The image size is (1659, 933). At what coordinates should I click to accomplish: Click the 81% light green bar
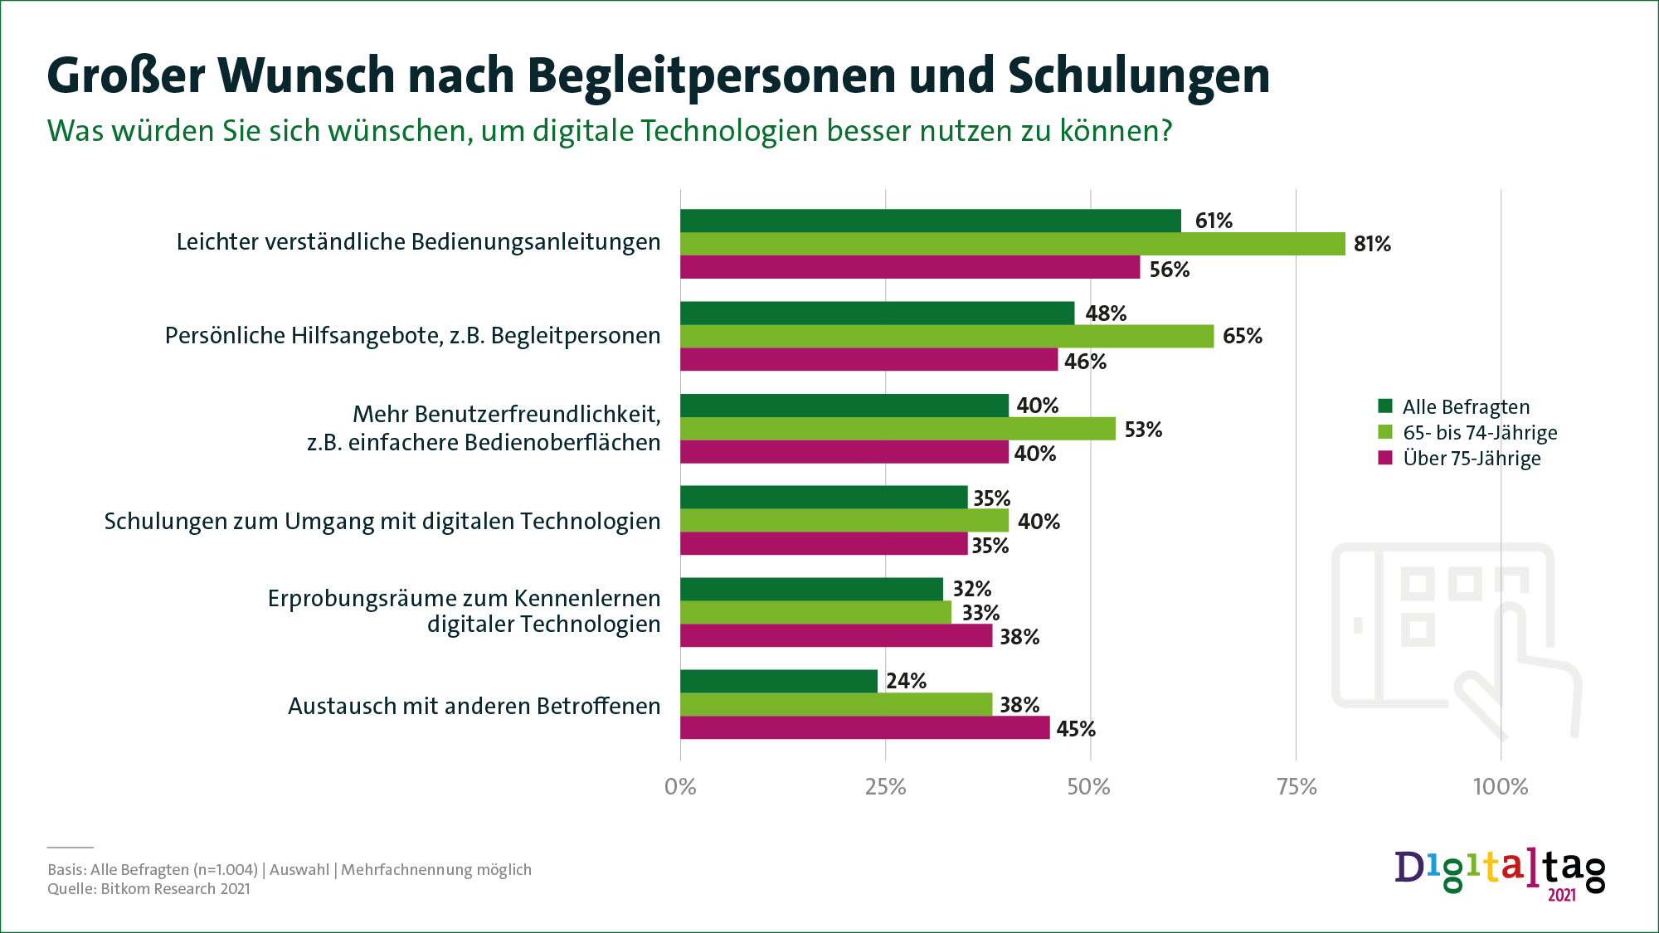click(x=1012, y=244)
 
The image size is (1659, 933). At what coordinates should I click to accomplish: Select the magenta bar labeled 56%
click(x=910, y=267)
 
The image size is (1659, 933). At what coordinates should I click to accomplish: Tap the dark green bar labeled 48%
click(x=877, y=313)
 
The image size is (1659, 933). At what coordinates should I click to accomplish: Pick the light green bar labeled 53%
click(x=898, y=429)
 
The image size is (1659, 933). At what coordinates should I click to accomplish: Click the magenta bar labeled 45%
click(x=864, y=728)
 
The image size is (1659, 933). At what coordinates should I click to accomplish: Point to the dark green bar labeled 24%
click(x=778, y=681)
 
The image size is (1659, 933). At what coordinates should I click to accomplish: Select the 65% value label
click(x=1242, y=336)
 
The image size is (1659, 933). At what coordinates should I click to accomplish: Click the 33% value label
click(x=980, y=613)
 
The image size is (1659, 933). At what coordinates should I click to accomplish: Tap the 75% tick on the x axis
click(x=1297, y=786)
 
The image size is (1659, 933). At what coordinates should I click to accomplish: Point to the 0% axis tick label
click(x=680, y=786)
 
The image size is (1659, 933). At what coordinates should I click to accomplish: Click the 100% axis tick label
click(x=1500, y=786)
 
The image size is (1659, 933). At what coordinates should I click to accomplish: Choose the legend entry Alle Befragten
click(x=1466, y=407)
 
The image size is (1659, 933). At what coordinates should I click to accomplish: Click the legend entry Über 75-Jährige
click(x=1471, y=459)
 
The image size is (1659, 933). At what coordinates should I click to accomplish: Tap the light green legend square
click(x=1384, y=432)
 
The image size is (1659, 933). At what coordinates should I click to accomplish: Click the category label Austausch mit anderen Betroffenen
click(x=474, y=706)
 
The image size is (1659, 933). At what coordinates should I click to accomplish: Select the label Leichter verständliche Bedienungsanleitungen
click(x=418, y=242)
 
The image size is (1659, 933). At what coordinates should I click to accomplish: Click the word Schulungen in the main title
click(x=1138, y=76)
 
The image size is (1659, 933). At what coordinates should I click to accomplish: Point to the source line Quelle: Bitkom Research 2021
click(x=148, y=889)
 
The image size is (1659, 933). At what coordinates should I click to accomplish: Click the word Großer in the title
click(x=125, y=76)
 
